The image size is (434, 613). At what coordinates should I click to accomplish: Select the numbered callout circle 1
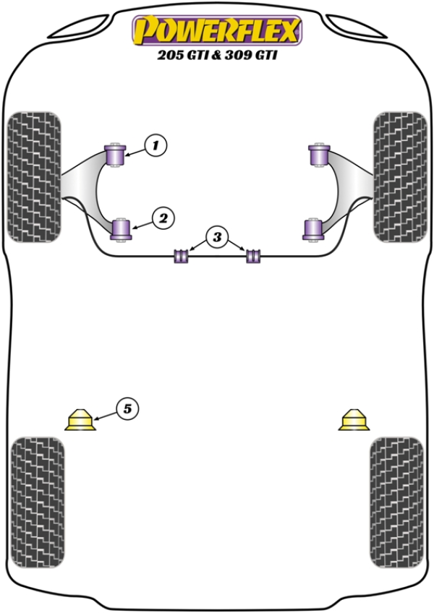[x=155, y=145]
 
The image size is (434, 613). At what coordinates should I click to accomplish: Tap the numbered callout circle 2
[x=161, y=217]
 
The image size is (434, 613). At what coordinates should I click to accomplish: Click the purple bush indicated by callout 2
[x=122, y=229]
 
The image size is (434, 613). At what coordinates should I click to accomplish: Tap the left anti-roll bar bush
[x=181, y=255]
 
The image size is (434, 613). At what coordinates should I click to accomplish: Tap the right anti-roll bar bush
[x=252, y=255]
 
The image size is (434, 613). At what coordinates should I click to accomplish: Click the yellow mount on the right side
[x=353, y=420]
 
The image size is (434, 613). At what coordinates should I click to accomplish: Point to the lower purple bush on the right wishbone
[x=312, y=229]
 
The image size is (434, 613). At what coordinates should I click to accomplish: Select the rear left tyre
[x=38, y=499]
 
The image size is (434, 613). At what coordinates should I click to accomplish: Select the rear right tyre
[x=395, y=499]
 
